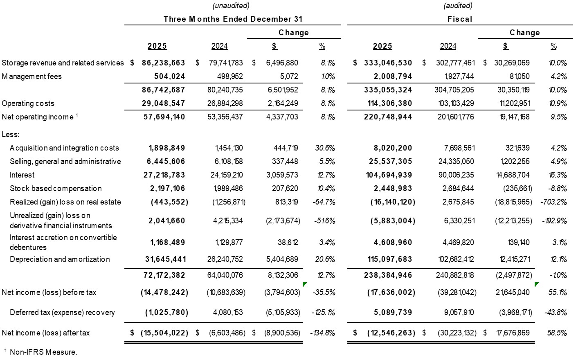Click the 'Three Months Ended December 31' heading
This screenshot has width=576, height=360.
(x=232, y=19)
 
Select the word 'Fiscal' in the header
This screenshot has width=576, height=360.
(x=460, y=19)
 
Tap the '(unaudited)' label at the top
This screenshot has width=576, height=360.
(x=231, y=5)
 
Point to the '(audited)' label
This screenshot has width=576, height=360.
(x=458, y=5)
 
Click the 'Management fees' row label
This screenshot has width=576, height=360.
(x=32, y=76)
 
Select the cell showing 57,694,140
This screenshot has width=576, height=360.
(x=164, y=117)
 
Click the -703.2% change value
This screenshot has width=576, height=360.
(x=553, y=202)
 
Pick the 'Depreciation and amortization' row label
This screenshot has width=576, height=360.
(x=60, y=259)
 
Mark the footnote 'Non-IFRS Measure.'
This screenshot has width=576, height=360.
(x=43, y=352)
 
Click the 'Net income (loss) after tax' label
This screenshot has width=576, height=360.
(x=45, y=333)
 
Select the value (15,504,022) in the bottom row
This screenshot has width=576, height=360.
(x=164, y=333)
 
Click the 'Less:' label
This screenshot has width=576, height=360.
(x=10, y=134)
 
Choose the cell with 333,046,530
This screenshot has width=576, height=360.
(x=388, y=63)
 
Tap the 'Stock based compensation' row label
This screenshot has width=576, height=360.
(x=56, y=188)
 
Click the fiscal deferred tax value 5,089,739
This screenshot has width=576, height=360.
(x=393, y=312)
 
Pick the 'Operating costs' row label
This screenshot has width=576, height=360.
(x=28, y=103)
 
